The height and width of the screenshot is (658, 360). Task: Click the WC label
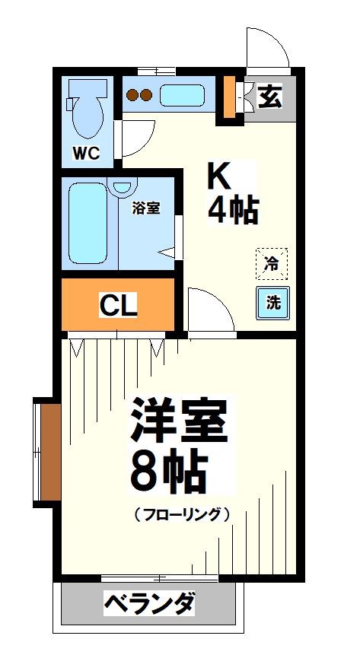pyautogui.click(x=86, y=154)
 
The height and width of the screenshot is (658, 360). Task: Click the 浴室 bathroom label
pyautogui.click(x=146, y=208)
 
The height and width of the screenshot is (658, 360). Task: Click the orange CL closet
pyautogui.click(x=118, y=306)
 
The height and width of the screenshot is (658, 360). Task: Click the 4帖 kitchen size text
pyautogui.click(x=232, y=211)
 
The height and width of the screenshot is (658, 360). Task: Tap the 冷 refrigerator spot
pyautogui.click(x=272, y=264)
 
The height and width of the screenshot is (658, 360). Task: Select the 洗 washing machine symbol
pyautogui.click(x=272, y=301)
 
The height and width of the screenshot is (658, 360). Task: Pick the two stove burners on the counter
pyautogui.click(x=140, y=96)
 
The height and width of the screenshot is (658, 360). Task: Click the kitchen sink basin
pyautogui.click(x=181, y=96)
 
